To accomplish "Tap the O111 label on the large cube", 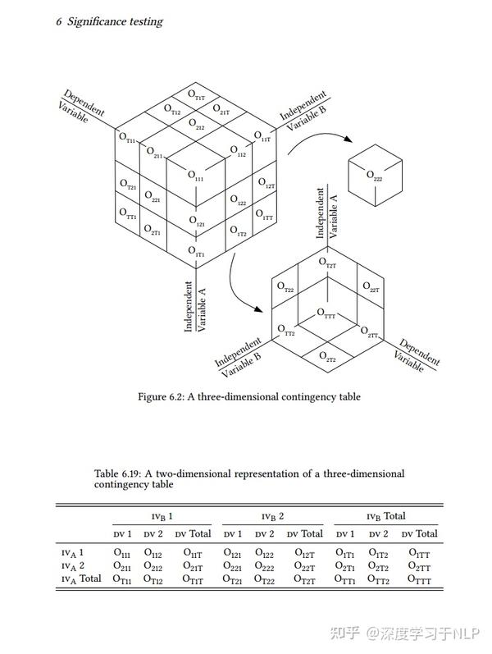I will tap(196, 176).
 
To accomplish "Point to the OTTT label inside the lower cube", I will tap(326, 313).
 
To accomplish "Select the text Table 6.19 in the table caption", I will tap(119, 473).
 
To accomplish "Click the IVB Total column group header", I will tap(385, 516).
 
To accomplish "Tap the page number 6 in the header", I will tap(58, 21).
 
